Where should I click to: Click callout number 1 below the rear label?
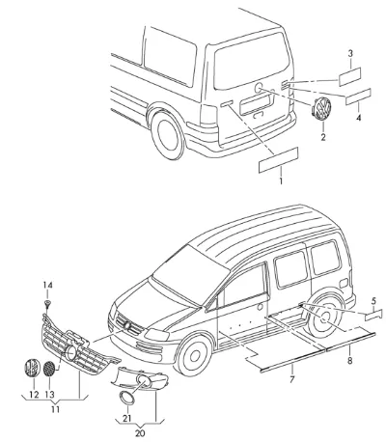point(281,180)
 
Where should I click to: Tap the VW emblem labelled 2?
point(321,108)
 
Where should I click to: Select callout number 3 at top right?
point(350,53)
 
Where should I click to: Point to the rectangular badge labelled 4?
point(358,97)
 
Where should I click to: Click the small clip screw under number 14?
point(47,303)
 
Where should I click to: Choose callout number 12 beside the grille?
point(34,395)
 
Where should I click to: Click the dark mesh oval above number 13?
point(49,369)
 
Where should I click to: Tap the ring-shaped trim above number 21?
point(126,398)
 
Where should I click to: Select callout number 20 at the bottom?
point(140,433)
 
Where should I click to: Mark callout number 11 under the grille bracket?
point(55,409)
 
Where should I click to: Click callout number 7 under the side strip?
point(291,379)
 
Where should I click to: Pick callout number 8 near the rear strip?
point(349,361)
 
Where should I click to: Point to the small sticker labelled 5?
point(373,315)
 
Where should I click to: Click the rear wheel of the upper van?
point(168,134)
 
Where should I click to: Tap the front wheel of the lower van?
point(194,355)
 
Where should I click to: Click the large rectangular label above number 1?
point(278,160)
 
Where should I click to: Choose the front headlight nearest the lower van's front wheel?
point(156,335)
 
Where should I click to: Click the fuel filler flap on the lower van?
point(344,284)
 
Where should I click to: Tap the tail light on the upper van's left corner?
point(207,115)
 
